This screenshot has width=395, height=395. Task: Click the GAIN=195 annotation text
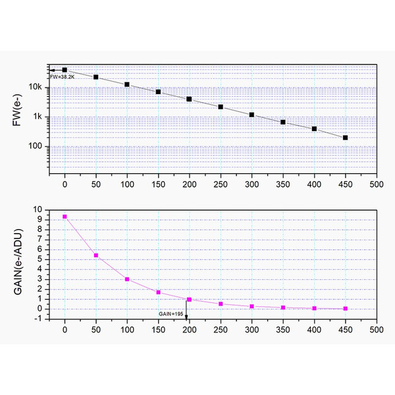pos(171,314)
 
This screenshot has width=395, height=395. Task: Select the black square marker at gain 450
pos(346,138)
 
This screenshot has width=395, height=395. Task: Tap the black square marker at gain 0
pos(65,70)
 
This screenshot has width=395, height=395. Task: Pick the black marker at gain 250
pos(221,107)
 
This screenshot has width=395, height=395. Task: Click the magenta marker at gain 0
pos(65,217)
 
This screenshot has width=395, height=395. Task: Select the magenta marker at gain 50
pos(96,255)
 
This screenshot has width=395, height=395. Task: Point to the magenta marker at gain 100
pos(127,279)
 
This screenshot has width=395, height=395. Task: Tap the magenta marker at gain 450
pos(346,308)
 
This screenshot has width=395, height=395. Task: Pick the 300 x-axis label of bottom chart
pos(252,330)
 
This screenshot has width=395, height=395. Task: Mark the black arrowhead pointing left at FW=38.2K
pos(51,70)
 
